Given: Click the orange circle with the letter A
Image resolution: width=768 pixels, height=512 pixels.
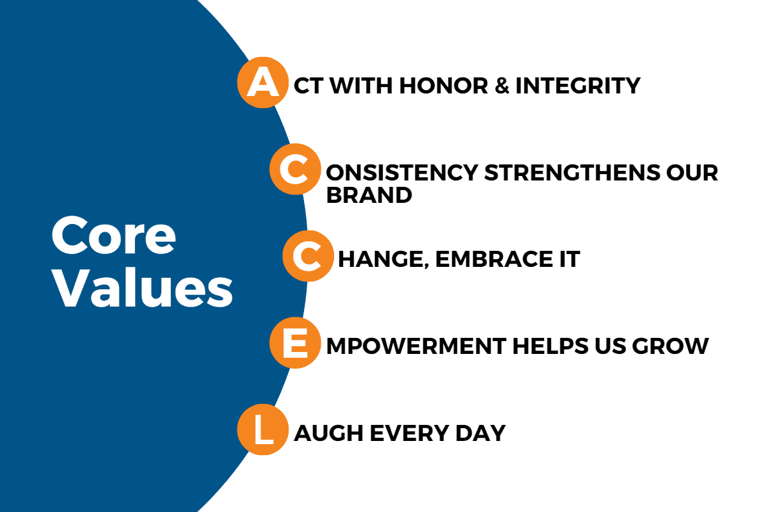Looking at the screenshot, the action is click(262, 83).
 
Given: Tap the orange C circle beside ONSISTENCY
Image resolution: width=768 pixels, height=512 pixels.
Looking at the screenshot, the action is click(295, 169).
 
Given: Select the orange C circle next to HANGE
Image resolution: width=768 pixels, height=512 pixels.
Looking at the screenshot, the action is click(308, 256).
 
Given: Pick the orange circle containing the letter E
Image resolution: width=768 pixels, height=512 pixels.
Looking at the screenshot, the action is click(295, 342).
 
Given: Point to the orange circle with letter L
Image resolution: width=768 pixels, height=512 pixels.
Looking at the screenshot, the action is click(262, 429).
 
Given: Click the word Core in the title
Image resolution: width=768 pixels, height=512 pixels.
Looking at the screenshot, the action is click(114, 236).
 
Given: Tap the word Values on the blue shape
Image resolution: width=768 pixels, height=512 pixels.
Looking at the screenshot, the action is click(143, 287).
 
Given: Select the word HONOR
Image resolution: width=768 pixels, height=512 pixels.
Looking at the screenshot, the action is click(444, 85).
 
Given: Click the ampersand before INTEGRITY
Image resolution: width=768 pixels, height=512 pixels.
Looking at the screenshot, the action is click(502, 85).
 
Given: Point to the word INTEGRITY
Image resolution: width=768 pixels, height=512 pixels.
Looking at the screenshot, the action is click(579, 85).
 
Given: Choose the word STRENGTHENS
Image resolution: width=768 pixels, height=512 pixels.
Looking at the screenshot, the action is click(572, 172).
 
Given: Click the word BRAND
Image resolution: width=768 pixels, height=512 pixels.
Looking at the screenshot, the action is click(369, 195).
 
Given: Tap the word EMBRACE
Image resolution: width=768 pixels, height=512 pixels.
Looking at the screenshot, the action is click(494, 259).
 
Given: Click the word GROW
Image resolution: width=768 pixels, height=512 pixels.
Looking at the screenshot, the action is click(670, 346).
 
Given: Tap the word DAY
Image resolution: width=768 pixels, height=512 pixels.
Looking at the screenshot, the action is click(481, 433).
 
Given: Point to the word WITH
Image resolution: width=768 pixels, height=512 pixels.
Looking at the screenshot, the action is click(362, 85).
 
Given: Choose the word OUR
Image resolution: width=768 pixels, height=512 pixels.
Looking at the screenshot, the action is click(692, 172).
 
